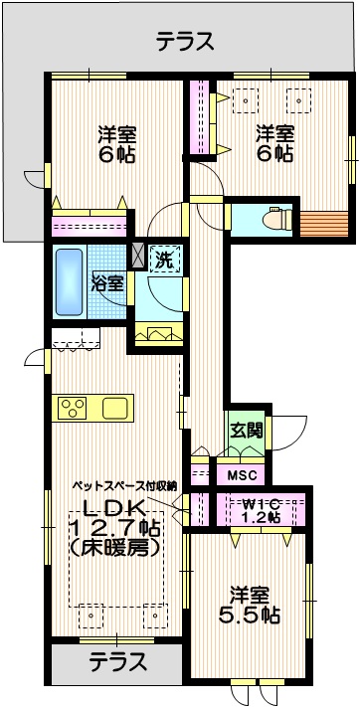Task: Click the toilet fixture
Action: (272, 219)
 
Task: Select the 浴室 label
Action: (108, 281)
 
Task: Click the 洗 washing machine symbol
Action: (162, 262)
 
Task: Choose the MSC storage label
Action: (242, 475)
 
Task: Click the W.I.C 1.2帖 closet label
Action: (263, 510)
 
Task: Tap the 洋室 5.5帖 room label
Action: (250, 605)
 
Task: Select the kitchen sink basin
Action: (115, 408)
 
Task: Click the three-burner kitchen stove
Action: (73, 408)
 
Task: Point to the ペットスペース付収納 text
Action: (123, 486)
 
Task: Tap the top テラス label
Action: (185, 41)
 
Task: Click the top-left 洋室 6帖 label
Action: (117, 144)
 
